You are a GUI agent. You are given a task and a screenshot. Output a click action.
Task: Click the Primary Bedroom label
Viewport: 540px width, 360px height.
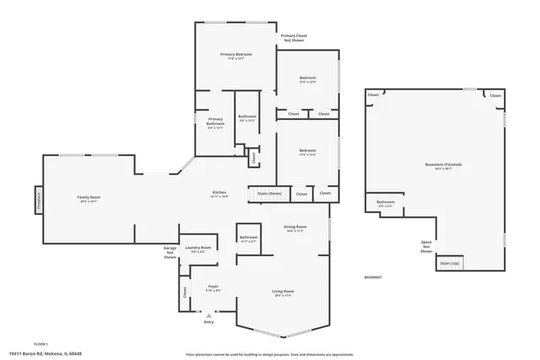[x=236, y=55]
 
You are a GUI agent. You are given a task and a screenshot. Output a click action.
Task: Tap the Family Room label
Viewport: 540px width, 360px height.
[x=89, y=198]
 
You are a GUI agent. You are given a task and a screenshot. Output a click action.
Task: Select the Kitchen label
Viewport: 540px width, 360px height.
[x=219, y=193]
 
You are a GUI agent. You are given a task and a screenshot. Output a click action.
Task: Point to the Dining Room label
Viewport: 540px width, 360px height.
[x=295, y=228]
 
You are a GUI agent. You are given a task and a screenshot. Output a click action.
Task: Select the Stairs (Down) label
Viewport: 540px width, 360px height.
[x=269, y=193]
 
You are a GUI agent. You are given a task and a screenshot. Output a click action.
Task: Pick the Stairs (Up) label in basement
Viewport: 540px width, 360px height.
[x=450, y=263]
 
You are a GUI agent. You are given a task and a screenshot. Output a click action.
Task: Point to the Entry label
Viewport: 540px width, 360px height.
[x=209, y=321]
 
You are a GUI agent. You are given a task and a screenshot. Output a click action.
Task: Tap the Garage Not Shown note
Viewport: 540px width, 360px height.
[x=170, y=252]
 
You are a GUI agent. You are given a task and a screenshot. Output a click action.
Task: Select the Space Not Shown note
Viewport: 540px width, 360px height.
[x=426, y=247]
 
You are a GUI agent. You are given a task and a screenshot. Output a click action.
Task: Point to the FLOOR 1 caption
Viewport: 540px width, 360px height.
[x=41, y=344]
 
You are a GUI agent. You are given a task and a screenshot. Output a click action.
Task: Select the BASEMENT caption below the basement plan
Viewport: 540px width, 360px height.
[x=372, y=277]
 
